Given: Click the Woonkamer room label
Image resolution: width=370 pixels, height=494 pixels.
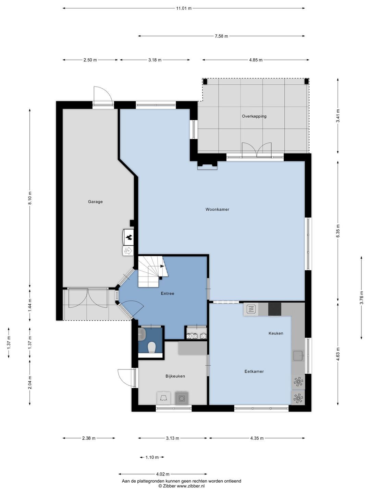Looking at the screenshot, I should (x=217, y=209).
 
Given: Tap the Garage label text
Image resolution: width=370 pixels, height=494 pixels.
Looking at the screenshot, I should (x=95, y=202).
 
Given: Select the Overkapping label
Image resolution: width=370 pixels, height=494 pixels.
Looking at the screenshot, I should (x=254, y=116).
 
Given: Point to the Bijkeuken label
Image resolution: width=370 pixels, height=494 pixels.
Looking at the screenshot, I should (x=175, y=376).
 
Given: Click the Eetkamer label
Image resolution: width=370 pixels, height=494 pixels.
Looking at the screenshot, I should (x=254, y=371).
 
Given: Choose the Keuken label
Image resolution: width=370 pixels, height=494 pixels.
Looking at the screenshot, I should (x=276, y=333).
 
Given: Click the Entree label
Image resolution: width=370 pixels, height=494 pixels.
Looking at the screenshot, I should (x=168, y=293).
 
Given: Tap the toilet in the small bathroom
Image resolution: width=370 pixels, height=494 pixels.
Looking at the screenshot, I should (x=151, y=348).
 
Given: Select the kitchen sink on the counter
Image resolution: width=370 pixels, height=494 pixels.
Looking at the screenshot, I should (x=298, y=356).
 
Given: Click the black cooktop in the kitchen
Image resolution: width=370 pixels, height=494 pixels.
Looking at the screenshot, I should (x=274, y=309).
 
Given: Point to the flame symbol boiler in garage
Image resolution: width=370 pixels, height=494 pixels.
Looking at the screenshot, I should (x=129, y=236).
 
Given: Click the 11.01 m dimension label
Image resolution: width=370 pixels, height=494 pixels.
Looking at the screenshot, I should (x=184, y=9).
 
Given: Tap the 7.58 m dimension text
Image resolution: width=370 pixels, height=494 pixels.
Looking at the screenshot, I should (x=221, y=36).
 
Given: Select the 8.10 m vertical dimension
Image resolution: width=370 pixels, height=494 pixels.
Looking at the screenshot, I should (x=30, y=198).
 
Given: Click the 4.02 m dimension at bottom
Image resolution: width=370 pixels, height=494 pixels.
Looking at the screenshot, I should (x=163, y=474).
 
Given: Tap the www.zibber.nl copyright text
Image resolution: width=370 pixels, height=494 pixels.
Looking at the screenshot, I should (x=181, y=486).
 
